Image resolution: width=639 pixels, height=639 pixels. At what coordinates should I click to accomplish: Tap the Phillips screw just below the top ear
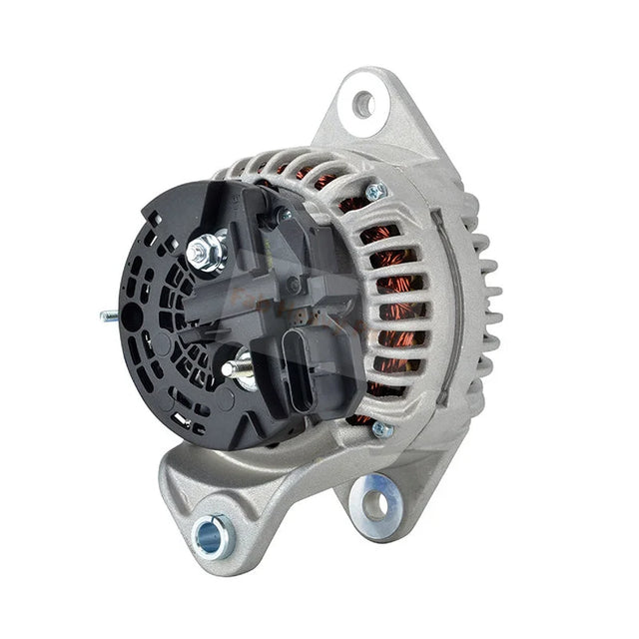pos(376,193)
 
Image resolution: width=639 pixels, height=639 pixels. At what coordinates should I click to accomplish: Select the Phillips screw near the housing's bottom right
pos(379,430)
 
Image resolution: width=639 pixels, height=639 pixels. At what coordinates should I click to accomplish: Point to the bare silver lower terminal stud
pos(234,369)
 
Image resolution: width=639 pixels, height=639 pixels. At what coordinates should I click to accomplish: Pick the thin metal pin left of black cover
pos(110,317)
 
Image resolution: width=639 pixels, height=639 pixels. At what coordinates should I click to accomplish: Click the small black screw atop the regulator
pos(285,214)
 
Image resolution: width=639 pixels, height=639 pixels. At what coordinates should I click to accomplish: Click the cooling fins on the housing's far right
pos(487,290)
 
